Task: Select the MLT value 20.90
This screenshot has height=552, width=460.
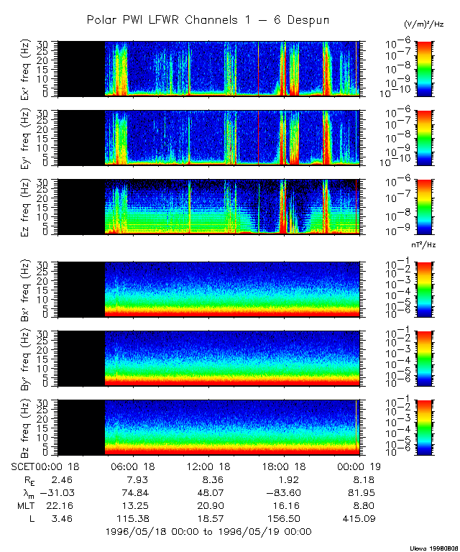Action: coord(211,505)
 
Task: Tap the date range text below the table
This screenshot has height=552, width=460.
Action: coord(208,531)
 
